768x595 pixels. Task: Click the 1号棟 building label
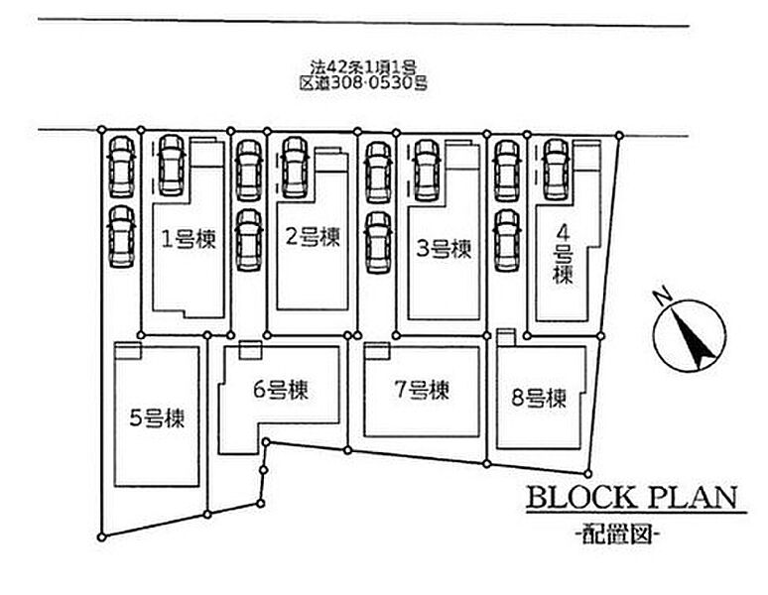pyautogui.click(x=189, y=239)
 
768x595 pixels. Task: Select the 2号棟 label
pyautogui.click(x=313, y=237)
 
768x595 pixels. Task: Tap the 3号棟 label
pyautogui.click(x=444, y=249)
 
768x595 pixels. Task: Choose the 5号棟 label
pyautogui.click(x=157, y=418)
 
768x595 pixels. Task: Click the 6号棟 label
pyautogui.click(x=281, y=390)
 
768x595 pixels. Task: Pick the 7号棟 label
pyautogui.click(x=422, y=390)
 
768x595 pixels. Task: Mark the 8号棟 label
pyautogui.click(x=539, y=398)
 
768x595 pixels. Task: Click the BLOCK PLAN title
pyautogui.click(x=632, y=498)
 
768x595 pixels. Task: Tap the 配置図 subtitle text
pyautogui.click(x=616, y=535)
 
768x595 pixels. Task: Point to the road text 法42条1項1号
pyautogui.click(x=363, y=67)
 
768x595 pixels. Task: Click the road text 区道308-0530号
pyautogui.click(x=363, y=83)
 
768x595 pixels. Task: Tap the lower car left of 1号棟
pyautogui.click(x=122, y=237)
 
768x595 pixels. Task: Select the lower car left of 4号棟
pyautogui.click(x=507, y=240)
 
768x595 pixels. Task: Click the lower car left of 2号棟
pyautogui.click(x=249, y=240)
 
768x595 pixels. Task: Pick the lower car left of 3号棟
pyautogui.click(x=379, y=242)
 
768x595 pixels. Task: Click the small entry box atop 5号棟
pyautogui.click(x=128, y=350)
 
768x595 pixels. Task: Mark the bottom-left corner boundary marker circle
pyautogui.click(x=102, y=537)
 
